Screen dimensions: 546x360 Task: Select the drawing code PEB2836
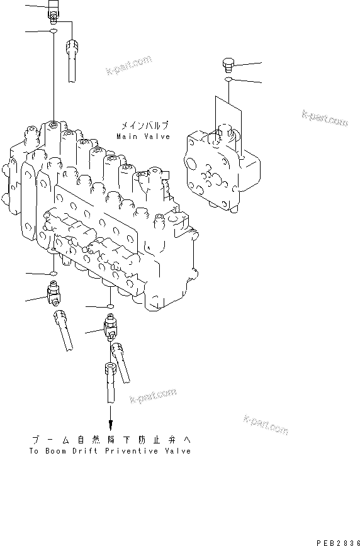point(339,541)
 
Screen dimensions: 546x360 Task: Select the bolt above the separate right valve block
point(229,64)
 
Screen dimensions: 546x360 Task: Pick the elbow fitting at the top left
point(54,12)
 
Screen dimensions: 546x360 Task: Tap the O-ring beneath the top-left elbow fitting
point(54,30)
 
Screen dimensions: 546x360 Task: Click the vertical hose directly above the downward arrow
point(110,384)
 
